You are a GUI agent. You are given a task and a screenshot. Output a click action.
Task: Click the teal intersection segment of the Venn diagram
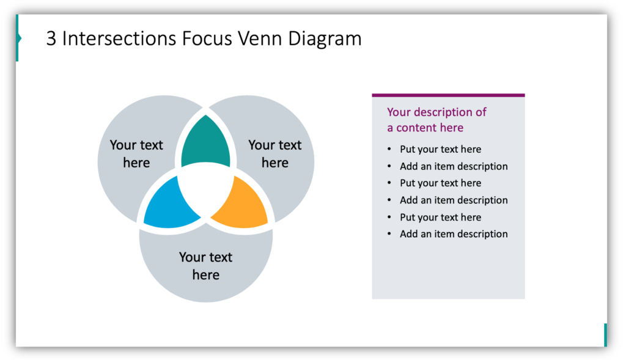206,145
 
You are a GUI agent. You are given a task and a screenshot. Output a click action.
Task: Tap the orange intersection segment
243,205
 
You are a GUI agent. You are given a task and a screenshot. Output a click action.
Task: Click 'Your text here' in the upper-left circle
136,154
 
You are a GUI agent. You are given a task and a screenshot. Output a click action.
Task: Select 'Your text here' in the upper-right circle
274,154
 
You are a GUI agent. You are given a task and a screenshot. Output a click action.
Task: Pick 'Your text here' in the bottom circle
205,266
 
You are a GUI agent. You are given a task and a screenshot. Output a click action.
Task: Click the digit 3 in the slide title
51,39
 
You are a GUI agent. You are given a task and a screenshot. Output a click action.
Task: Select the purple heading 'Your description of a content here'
436,120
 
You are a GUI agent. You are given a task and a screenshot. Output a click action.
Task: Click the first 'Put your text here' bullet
440,149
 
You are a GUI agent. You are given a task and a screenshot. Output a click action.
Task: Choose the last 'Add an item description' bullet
454,233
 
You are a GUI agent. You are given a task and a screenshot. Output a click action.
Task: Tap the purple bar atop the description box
448,95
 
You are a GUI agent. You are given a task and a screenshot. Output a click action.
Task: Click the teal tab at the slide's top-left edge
18,39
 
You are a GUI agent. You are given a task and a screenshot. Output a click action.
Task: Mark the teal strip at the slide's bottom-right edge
605,335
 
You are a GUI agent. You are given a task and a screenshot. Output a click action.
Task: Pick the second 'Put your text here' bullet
440,183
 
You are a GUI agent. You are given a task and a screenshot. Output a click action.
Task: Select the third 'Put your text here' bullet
440,217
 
